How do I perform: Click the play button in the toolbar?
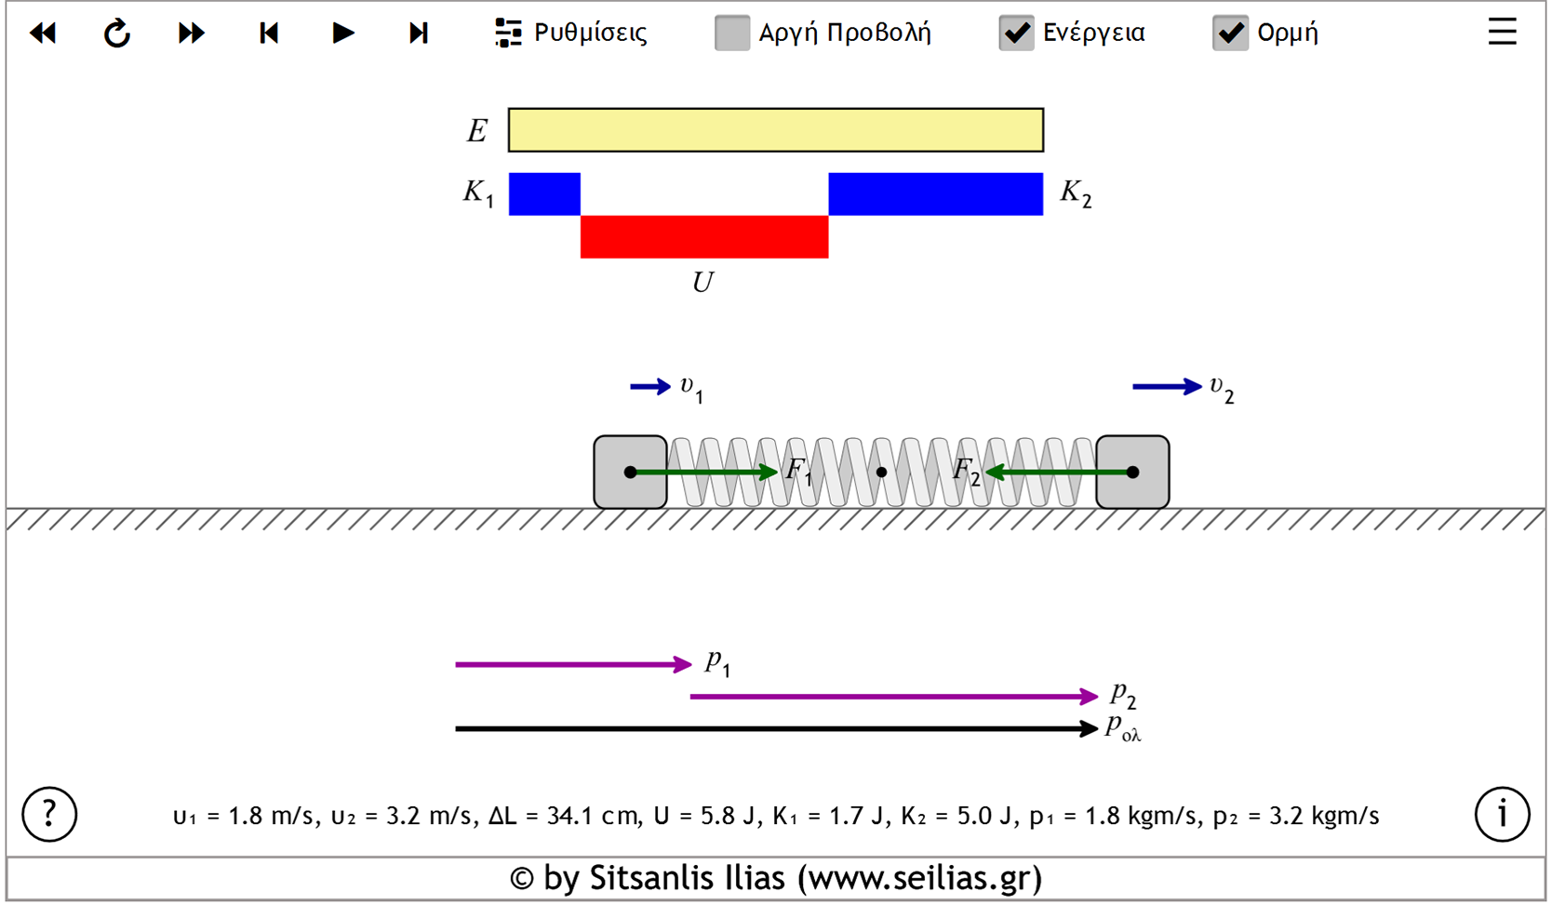[x=342, y=33]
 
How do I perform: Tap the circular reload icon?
[x=116, y=33]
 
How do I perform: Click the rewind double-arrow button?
[x=43, y=33]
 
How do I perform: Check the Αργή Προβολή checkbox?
[x=732, y=33]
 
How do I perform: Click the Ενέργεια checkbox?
[x=1016, y=33]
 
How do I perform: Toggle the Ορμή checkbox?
[x=1230, y=33]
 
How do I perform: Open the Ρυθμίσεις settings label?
[x=589, y=33]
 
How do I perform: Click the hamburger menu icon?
[x=1502, y=33]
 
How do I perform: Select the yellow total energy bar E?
[x=775, y=130]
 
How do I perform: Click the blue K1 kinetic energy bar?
[x=544, y=193]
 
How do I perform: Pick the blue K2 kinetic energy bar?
[x=935, y=193]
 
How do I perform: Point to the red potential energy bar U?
[x=704, y=237]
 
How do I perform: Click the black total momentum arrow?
[x=772, y=729]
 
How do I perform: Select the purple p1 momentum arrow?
[x=572, y=664]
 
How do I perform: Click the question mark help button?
[x=49, y=814]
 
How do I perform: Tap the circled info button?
[x=1502, y=814]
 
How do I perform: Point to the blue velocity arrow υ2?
[x=1166, y=386]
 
